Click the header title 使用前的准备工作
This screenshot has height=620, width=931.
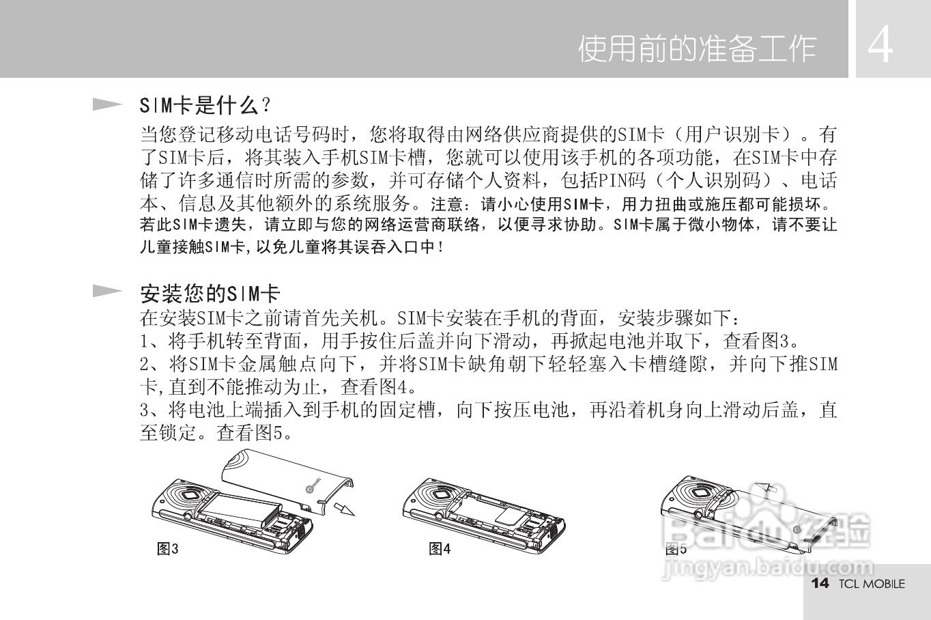tap(697, 48)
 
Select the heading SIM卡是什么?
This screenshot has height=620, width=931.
tap(205, 105)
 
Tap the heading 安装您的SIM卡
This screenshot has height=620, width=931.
tap(210, 294)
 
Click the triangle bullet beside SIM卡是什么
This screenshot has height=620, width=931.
tap(107, 104)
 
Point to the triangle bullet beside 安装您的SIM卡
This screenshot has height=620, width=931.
tap(107, 292)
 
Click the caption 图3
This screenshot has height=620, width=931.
tap(168, 548)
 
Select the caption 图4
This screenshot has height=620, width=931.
tap(440, 548)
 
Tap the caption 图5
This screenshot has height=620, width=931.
tap(676, 549)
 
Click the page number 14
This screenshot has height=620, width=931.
tap(819, 583)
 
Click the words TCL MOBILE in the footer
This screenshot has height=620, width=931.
tap(872, 584)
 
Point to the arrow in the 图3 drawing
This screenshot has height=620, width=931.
tap(344, 509)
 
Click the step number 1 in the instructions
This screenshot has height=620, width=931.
tap(145, 340)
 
